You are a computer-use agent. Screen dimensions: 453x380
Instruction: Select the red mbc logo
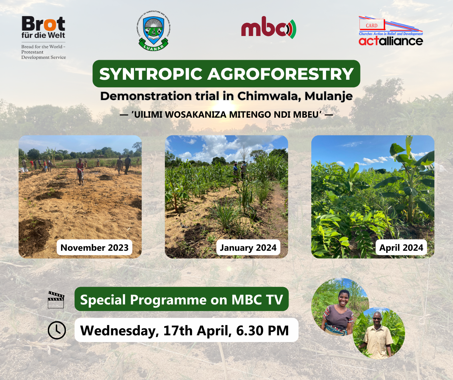[x=269, y=28]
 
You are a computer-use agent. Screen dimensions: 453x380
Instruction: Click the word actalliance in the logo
[x=391, y=41]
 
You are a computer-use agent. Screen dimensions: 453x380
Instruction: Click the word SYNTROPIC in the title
[x=151, y=74]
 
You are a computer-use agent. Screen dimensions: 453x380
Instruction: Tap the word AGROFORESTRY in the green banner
[x=280, y=74]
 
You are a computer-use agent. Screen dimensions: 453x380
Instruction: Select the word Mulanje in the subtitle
[x=329, y=96]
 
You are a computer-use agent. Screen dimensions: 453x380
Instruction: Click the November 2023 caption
[x=94, y=248]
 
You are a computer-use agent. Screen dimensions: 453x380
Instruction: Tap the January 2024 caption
[x=248, y=248]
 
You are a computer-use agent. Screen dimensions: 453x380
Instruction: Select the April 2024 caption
[x=401, y=248]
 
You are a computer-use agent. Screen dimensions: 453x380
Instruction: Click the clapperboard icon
[x=56, y=300]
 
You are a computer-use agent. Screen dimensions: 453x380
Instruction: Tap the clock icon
[x=57, y=330]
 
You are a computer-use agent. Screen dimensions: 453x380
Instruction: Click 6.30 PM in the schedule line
[x=262, y=330]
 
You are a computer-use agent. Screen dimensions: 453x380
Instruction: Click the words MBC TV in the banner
[x=257, y=300]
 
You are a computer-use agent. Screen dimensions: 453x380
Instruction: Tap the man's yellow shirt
[x=378, y=341]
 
